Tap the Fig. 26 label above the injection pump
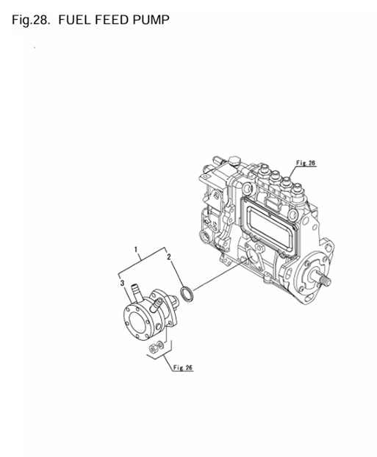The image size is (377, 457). (306, 162)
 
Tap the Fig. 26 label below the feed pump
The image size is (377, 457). (183, 367)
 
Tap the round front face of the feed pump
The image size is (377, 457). (134, 321)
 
